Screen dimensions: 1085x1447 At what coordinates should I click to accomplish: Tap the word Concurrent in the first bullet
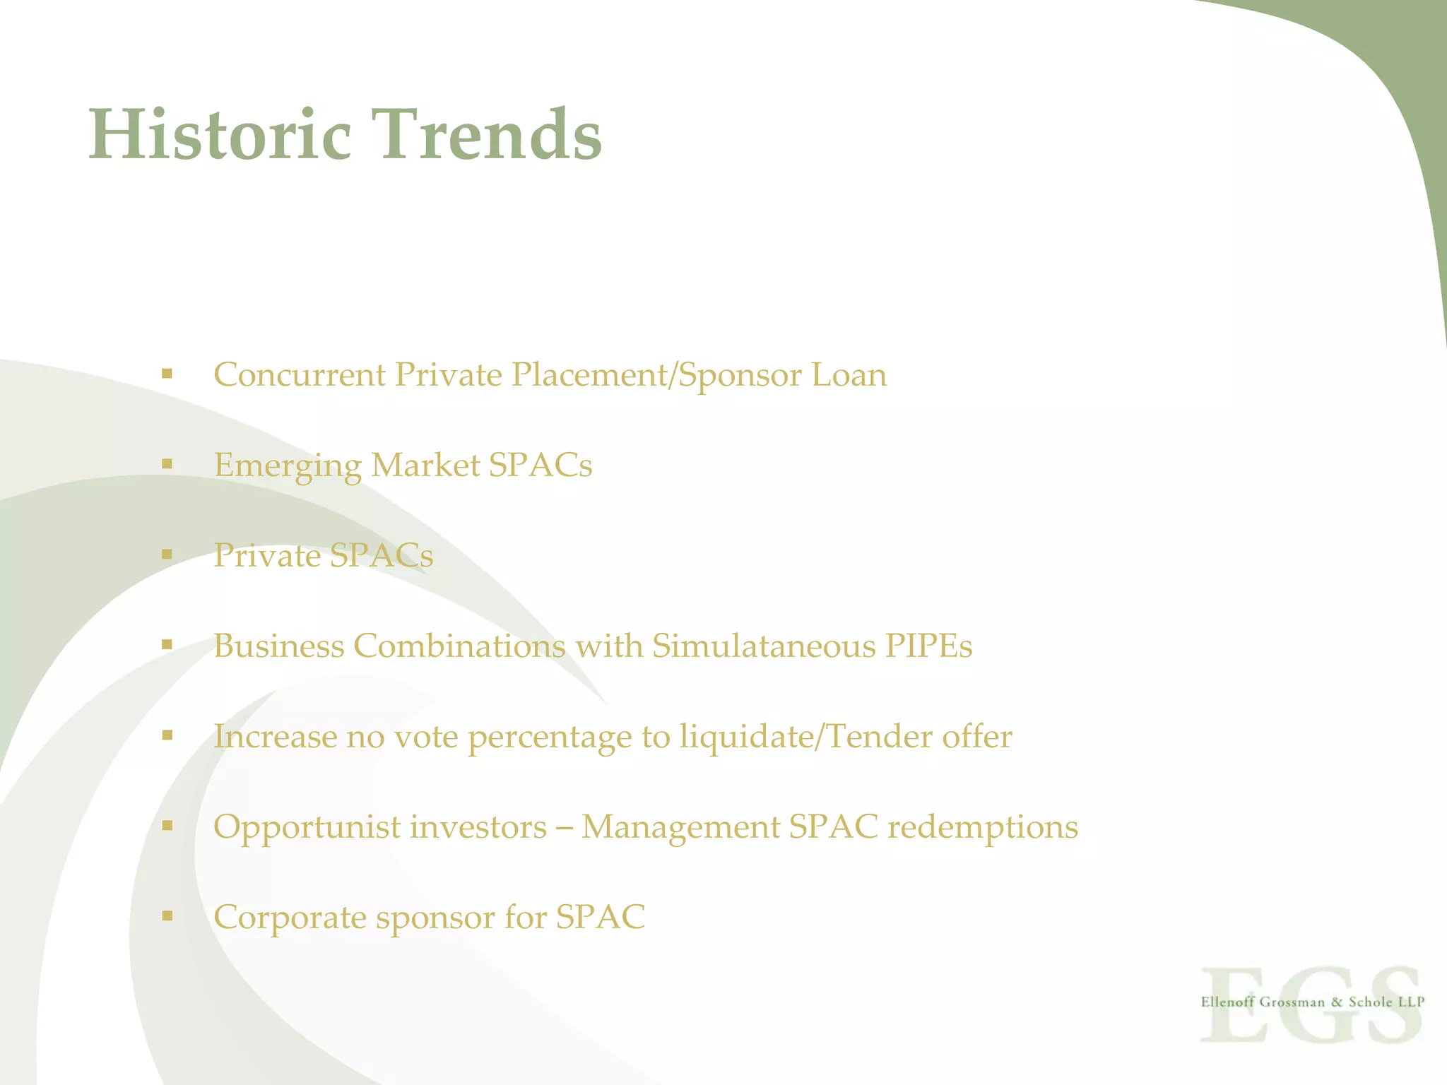tap(300, 375)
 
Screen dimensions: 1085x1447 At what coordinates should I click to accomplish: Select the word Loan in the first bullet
tap(849, 375)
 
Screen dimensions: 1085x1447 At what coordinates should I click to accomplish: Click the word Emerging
tap(288, 466)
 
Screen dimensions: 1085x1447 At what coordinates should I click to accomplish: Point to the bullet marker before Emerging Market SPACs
tap(167, 464)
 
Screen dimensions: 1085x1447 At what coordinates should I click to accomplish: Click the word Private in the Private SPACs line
tap(267, 556)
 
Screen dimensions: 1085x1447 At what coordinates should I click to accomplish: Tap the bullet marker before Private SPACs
tap(167, 555)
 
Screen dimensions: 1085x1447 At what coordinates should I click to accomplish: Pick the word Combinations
tap(459, 646)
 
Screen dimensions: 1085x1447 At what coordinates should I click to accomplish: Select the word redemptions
tap(982, 828)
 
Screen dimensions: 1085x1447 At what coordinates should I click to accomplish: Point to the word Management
tap(680, 828)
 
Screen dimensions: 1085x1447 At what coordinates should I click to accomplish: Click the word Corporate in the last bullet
tap(290, 918)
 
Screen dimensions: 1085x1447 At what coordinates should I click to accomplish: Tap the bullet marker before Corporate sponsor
tap(167, 916)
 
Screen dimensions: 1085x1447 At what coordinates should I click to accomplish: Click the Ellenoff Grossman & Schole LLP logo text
tap(1312, 1002)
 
